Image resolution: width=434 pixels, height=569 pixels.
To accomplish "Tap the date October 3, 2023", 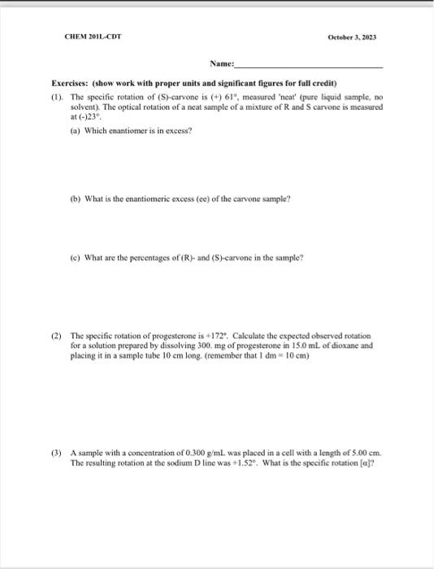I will click(351, 37).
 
